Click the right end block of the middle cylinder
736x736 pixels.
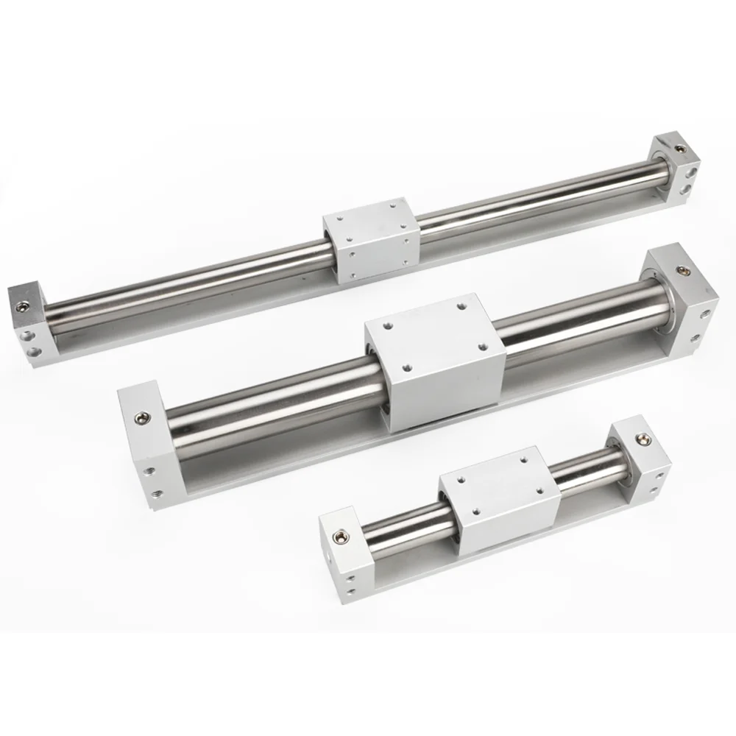[684, 302]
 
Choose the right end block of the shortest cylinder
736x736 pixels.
[640, 456]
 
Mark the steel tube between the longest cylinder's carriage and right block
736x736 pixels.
[537, 199]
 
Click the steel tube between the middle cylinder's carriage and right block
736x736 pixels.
[581, 316]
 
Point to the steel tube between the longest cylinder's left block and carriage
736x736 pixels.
[184, 280]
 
